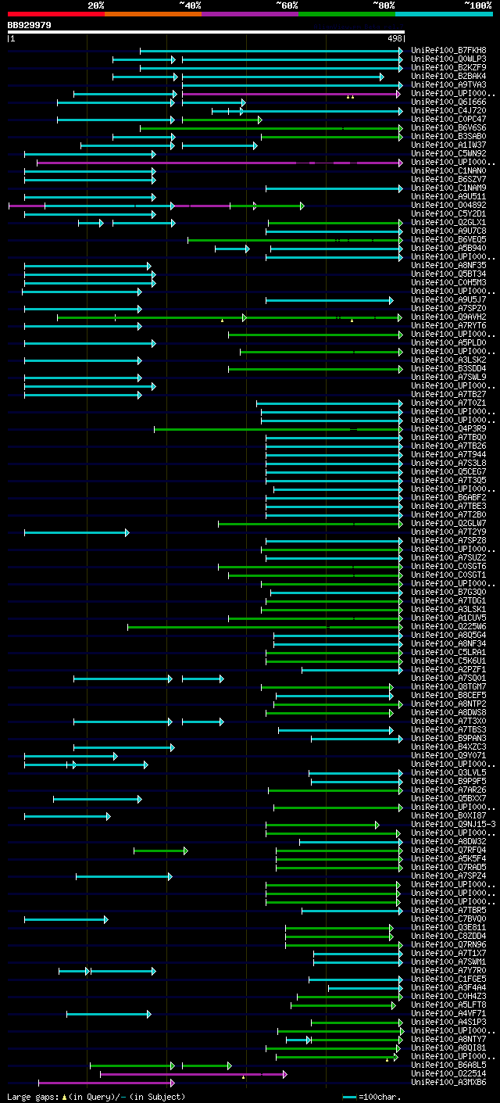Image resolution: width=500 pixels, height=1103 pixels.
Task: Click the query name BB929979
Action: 30,25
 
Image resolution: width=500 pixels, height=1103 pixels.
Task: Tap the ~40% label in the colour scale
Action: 190,5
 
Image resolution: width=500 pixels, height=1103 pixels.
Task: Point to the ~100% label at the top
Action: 477,5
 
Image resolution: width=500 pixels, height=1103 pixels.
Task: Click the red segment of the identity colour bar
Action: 55,14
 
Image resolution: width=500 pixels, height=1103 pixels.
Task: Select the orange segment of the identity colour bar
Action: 152,14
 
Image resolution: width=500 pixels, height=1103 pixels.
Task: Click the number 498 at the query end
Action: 395,38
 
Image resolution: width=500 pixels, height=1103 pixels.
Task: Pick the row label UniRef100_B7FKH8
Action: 448,51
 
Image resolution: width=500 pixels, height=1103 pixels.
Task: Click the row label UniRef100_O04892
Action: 448,206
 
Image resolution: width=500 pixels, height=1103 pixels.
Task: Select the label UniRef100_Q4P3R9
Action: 448,429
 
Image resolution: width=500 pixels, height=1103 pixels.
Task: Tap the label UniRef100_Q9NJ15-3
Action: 453,825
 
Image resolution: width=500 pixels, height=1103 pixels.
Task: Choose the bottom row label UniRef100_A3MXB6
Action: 448,1083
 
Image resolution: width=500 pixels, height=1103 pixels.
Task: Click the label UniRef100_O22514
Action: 448,1074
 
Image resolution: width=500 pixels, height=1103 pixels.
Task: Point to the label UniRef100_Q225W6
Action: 448,627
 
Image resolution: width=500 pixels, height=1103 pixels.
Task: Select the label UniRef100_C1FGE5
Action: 448,979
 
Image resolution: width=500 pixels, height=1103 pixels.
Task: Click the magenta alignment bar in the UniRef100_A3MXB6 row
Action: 105,1083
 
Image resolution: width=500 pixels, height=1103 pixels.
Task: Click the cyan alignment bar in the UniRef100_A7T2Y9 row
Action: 76,532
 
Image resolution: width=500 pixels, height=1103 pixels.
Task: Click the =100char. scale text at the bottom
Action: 382,1097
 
